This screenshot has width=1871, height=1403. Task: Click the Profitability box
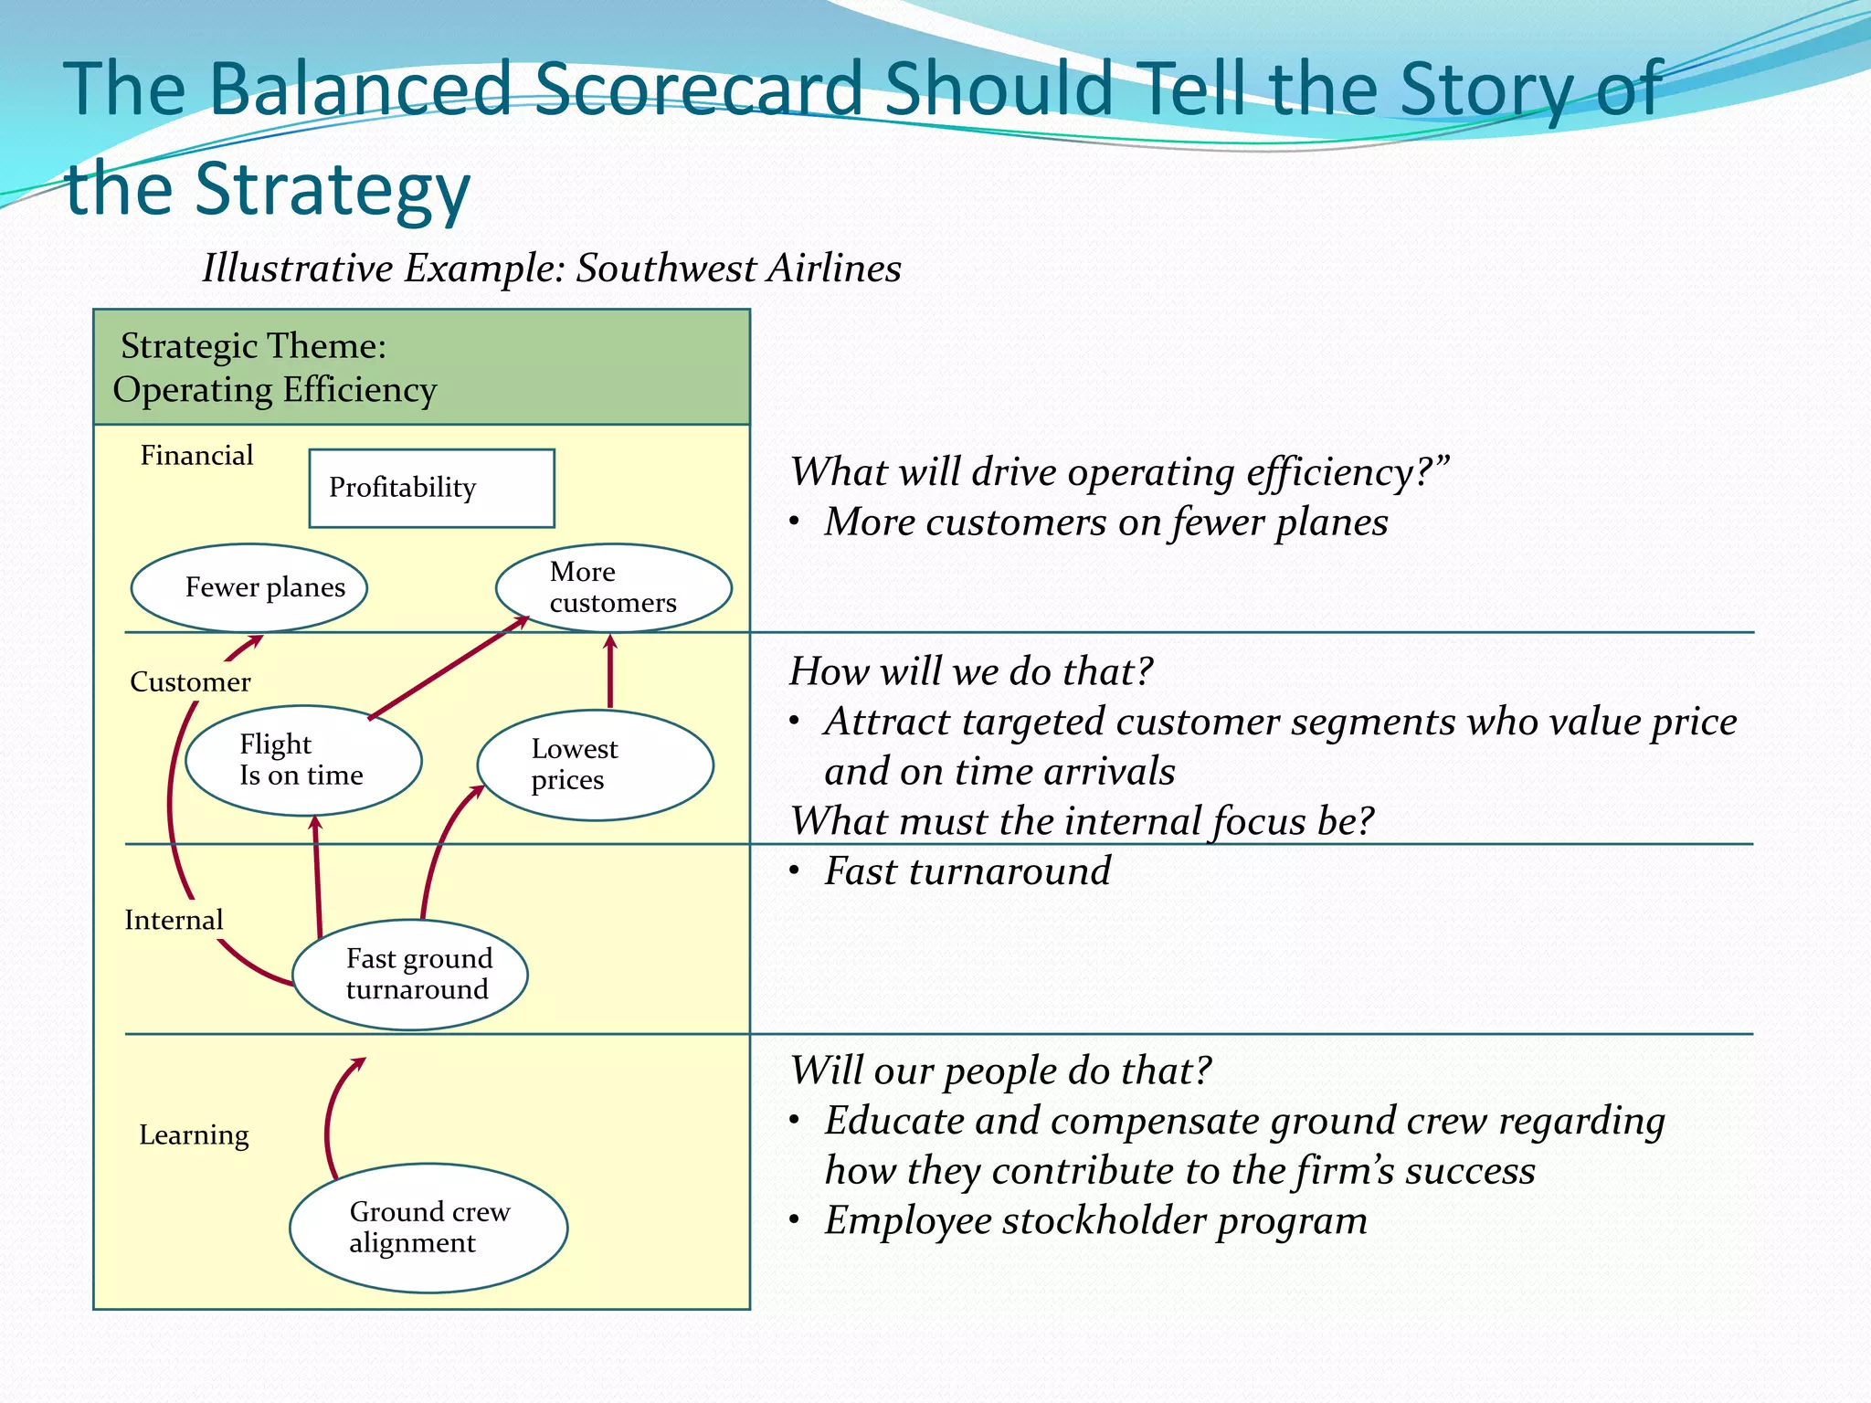pyautogui.click(x=431, y=488)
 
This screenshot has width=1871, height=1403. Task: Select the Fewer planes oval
pyautogui.click(x=249, y=587)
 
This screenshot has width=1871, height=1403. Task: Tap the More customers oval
pyautogui.click(x=613, y=587)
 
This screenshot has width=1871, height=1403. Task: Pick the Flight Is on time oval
pyautogui.click(x=303, y=760)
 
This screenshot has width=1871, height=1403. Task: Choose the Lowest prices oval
pyautogui.click(x=595, y=765)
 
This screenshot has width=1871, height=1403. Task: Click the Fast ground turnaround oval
pyautogui.click(x=410, y=975)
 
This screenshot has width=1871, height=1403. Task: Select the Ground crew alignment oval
pyautogui.click(x=428, y=1228)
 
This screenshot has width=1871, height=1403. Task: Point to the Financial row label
pyautogui.click(x=196, y=455)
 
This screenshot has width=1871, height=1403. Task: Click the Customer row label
pyautogui.click(x=190, y=681)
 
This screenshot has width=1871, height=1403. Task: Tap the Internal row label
pyautogui.click(x=174, y=920)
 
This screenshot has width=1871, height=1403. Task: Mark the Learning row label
pyautogui.click(x=194, y=1134)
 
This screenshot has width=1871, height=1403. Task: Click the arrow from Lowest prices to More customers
pyautogui.click(x=610, y=671)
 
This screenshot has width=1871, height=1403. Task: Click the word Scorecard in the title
pyautogui.click(x=699, y=89)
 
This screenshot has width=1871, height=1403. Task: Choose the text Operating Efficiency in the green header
pyautogui.click(x=275, y=390)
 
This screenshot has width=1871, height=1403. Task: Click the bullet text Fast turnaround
pyautogui.click(x=967, y=870)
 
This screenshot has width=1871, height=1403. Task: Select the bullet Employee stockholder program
pyautogui.click(x=1095, y=1220)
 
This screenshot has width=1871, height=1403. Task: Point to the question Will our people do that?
pyautogui.click(x=1000, y=1071)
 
